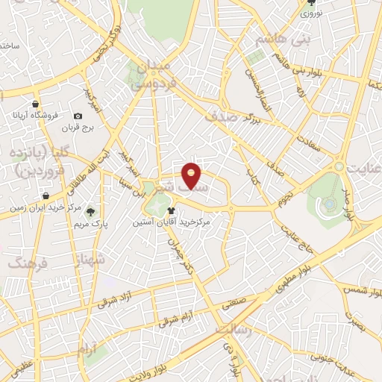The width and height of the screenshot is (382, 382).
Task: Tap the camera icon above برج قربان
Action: coord(78,116)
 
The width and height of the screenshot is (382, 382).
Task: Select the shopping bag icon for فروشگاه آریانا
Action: coord(35,104)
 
